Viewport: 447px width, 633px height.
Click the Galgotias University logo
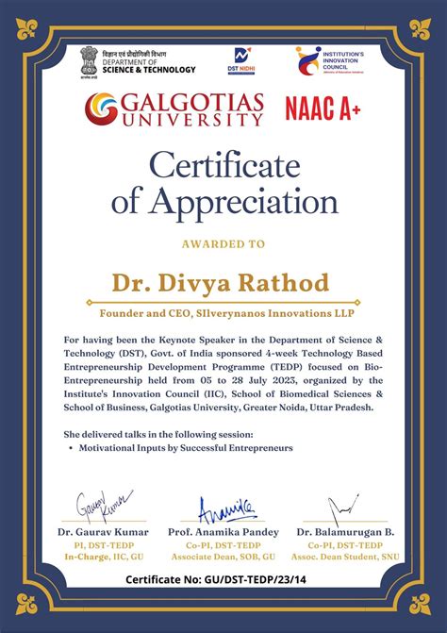coord(174,108)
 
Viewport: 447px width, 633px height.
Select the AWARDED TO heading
coord(223,243)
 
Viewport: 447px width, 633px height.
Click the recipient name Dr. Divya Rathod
coord(223,283)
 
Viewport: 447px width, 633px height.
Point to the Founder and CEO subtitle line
coord(223,311)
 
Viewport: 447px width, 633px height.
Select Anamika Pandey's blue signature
coord(227,508)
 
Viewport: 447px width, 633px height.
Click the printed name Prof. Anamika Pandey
coord(223,531)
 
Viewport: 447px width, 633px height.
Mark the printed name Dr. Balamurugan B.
coord(344,531)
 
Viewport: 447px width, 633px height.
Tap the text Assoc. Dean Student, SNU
coord(344,557)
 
